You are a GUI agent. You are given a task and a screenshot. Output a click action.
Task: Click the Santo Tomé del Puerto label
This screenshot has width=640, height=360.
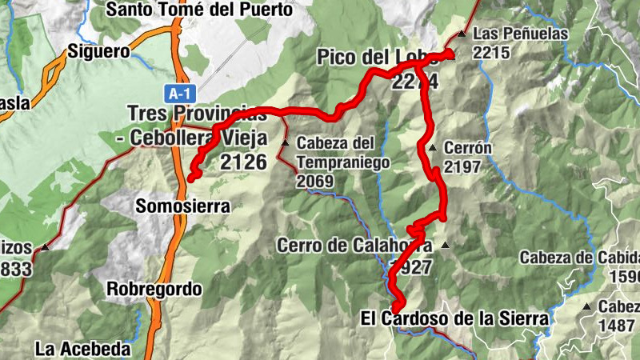click(x=199, y=10)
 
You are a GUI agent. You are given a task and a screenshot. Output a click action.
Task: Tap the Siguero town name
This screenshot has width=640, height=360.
click(x=99, y=51)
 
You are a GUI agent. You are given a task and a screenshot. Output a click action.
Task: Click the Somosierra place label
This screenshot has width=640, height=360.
click(x=183, y=206)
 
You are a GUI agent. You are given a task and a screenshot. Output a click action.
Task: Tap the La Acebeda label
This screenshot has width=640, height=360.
click(x=82, y=348)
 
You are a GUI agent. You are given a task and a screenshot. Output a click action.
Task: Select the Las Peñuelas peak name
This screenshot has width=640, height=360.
click(x=520, y=34)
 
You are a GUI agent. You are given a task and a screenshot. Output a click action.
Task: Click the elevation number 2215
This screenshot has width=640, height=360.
click(x=490, y=52)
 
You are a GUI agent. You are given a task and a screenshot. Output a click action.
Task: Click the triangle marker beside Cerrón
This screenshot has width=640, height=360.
click(x=432, y=148)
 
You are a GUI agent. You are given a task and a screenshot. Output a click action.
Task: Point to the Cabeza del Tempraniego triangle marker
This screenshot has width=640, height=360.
click(x=286, y=142)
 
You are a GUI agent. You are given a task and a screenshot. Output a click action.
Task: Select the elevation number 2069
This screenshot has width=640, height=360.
click(x=314, y=181)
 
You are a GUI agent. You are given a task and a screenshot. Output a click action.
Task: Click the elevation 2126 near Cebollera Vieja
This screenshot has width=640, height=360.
click(x=243, y=162)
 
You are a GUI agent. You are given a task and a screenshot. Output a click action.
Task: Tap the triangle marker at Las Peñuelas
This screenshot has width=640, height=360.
click(x=462, y=34)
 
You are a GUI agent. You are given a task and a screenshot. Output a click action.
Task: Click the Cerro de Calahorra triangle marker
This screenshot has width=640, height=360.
click(x=445, y=245)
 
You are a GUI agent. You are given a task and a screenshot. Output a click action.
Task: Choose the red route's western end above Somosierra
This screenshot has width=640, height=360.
click(x=190, y=179)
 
